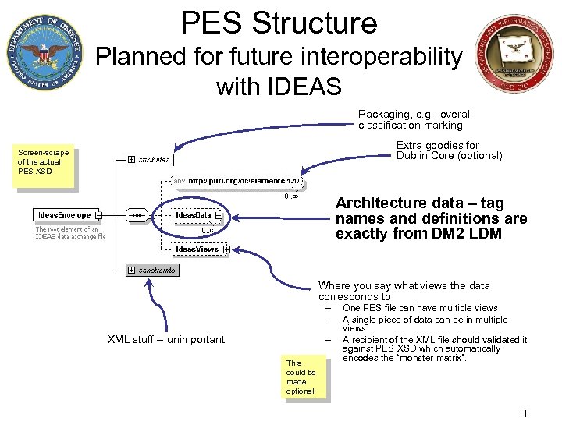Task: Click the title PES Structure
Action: (x=279, y=23)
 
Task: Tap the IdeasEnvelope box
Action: (x=66, y=214)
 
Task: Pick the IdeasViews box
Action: (x=197, y=249)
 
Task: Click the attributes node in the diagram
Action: (x=154, y=160)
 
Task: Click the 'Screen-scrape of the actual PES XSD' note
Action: (x=44, y=162)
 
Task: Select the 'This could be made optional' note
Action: (x=301, y=377)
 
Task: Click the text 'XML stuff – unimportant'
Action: (x=165, y=339)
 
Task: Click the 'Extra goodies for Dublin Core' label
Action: (x=448, y=150)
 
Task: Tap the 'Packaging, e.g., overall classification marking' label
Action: (x=414, y=119)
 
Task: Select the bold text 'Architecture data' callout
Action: (x=431, y=218)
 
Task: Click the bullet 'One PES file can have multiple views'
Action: (x=420, y=308)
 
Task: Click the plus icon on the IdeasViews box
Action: (x=226, y=249)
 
